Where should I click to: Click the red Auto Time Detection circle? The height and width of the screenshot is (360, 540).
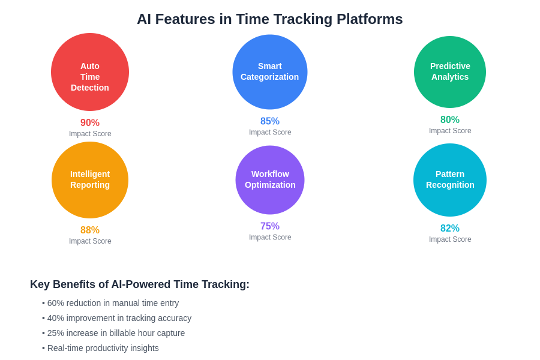coord(90,72)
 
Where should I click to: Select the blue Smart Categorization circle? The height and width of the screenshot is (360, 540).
coord(270,72)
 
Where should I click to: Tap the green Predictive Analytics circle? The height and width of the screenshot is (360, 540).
coord(450,72)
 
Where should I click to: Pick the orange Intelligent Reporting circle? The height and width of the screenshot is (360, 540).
coord(90,180)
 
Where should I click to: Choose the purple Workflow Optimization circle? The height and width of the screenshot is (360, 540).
coord(270,180)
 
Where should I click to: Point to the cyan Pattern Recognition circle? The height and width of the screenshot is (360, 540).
coord(450,180)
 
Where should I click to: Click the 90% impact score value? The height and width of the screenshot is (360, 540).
coord(90,122)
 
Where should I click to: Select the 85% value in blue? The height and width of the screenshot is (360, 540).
coord(270,121)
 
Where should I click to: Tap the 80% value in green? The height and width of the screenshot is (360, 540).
coord(450,119)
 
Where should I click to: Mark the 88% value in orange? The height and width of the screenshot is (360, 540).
coord(90,230)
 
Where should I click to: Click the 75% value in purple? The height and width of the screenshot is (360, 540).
coord(270,226)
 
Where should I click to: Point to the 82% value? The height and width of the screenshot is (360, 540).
coord(450,228)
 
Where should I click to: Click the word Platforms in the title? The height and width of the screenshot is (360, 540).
coord(370,19)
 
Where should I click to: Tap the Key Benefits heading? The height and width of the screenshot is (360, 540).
coord(139,284)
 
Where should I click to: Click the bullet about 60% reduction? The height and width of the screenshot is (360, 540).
coord(110,303)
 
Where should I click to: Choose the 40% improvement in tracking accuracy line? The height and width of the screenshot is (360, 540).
coord(117,319)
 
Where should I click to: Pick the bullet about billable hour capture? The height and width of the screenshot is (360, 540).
coord(113,333)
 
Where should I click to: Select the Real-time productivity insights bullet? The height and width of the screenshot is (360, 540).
coord(100,348)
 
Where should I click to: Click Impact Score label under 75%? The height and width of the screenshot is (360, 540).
coord(270,238)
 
